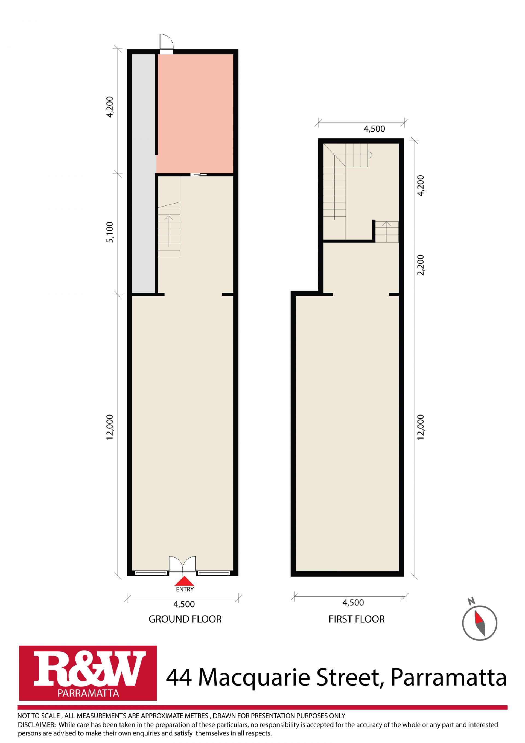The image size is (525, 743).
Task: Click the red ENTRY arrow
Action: point(184,581)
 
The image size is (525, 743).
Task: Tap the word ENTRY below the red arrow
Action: point(185,589)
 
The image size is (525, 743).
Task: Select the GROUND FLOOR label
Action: point(185,619)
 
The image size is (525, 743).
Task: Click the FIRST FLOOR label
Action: point(357,619)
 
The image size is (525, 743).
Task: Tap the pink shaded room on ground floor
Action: point(195,113)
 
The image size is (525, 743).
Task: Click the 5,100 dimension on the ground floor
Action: point(110,232)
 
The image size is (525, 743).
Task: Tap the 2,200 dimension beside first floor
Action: point(421,265)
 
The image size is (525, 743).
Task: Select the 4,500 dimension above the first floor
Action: point(374,129)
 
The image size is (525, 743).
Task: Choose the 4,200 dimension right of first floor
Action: point(421,185)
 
